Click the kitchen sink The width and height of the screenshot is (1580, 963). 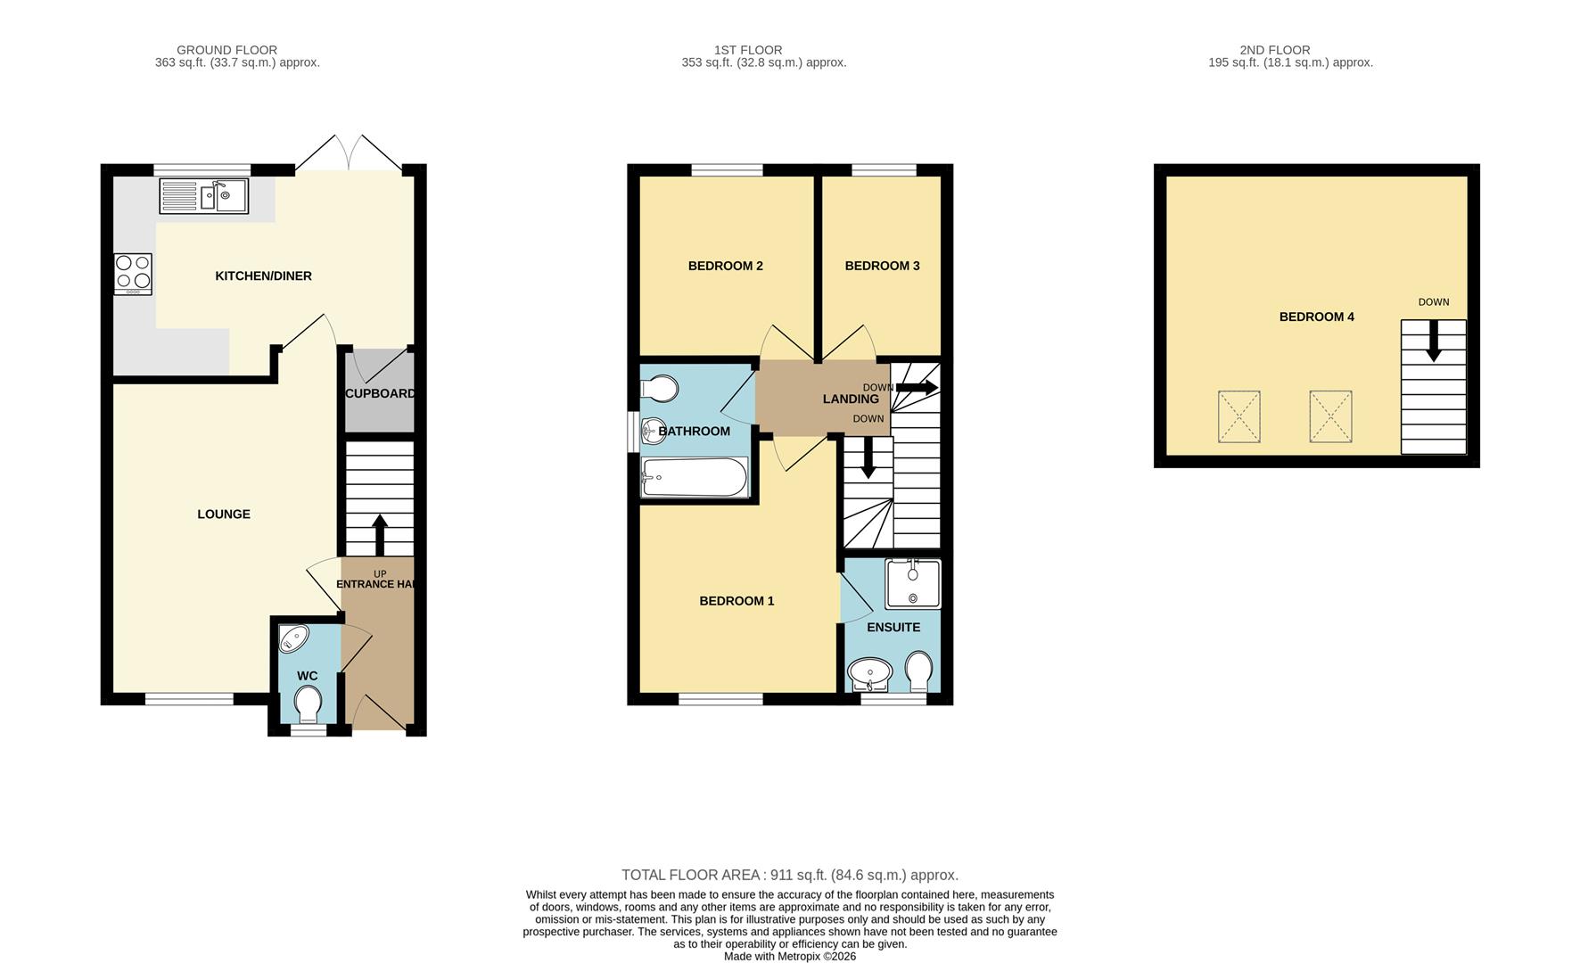204,197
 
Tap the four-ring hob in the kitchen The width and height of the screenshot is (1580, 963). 133,275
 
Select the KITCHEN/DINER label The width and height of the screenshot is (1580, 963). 264,276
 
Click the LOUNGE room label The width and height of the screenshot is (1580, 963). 224,514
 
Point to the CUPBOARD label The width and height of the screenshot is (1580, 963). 380,393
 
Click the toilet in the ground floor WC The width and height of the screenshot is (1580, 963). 309,704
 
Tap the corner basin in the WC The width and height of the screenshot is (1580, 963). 292,638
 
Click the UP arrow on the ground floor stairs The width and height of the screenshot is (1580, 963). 379,535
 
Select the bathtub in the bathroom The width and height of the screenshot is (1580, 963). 695,477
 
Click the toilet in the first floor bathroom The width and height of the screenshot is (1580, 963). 660,390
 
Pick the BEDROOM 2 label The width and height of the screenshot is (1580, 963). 726,266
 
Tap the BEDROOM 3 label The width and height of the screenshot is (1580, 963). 883,266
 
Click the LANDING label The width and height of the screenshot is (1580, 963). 851,399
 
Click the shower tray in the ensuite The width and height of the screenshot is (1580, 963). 913,584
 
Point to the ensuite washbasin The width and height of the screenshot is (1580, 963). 869,675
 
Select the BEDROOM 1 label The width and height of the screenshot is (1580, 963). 737,601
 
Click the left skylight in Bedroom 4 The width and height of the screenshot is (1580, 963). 1239,416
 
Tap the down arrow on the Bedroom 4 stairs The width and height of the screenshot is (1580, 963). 1434,342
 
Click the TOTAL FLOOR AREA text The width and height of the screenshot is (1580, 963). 790,876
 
